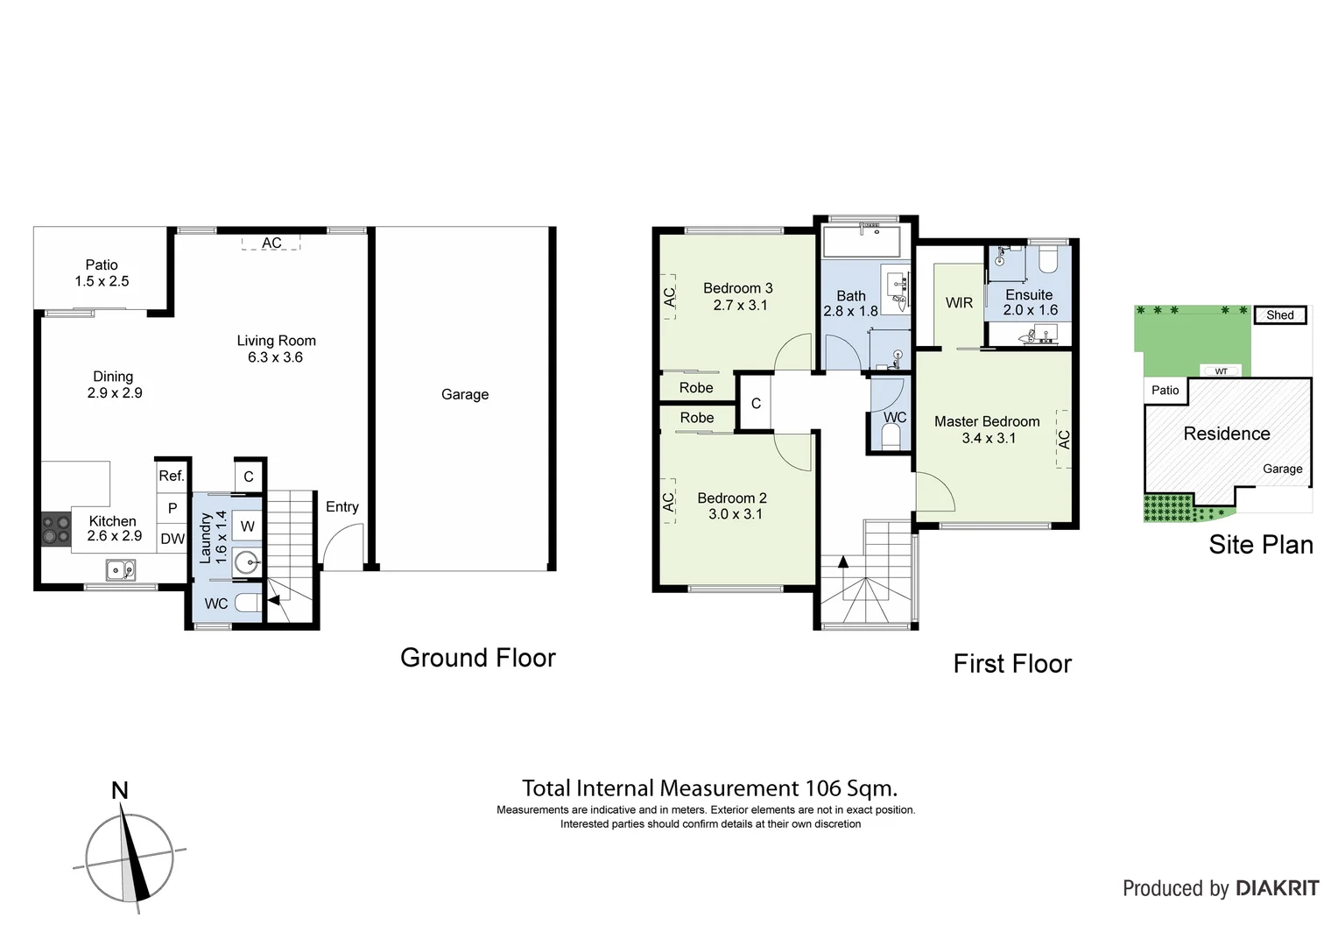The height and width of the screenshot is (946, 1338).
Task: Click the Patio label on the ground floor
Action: pyautogui.click(x=102, y=265)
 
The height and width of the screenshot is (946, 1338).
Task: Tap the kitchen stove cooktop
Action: pyautogui.click(x=56, y=529)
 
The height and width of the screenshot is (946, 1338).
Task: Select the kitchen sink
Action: pyautogui.click(x=121, y=571)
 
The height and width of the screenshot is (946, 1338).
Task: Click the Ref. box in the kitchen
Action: pyautogui.click(x=172, y=476)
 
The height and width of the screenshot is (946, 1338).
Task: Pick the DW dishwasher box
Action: pyautogui.click(x=173, y=539)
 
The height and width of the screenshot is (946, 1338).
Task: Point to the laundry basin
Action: pyautogui.click(x=247, y=562)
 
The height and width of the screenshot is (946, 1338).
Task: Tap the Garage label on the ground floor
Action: pyautogui.click(x=464, y=394)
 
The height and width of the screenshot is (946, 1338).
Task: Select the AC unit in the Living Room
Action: pyautogui.click(x=271, y=243)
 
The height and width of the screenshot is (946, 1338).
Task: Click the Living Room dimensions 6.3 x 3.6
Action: pyautogui.click(x=275, y=357)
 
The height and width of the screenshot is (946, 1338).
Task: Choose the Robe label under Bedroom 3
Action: pyautogui.click(x=696, y=387)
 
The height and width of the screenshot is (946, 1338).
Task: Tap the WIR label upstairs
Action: pyautogui.click(x=959, y=302)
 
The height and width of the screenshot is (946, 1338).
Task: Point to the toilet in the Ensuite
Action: pyautogui.click(x=1047, y=259)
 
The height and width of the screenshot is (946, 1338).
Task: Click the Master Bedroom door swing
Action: pyautogui.click(x=933, y=492)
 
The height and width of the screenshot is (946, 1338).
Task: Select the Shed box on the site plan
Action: pyautogui.click(x=1279, y=315)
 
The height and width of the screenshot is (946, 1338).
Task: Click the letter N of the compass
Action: pyautogui.click(x=120, y=791)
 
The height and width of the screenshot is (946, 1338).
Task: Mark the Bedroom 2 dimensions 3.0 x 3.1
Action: pyautogui.click(x=735, y=514)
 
